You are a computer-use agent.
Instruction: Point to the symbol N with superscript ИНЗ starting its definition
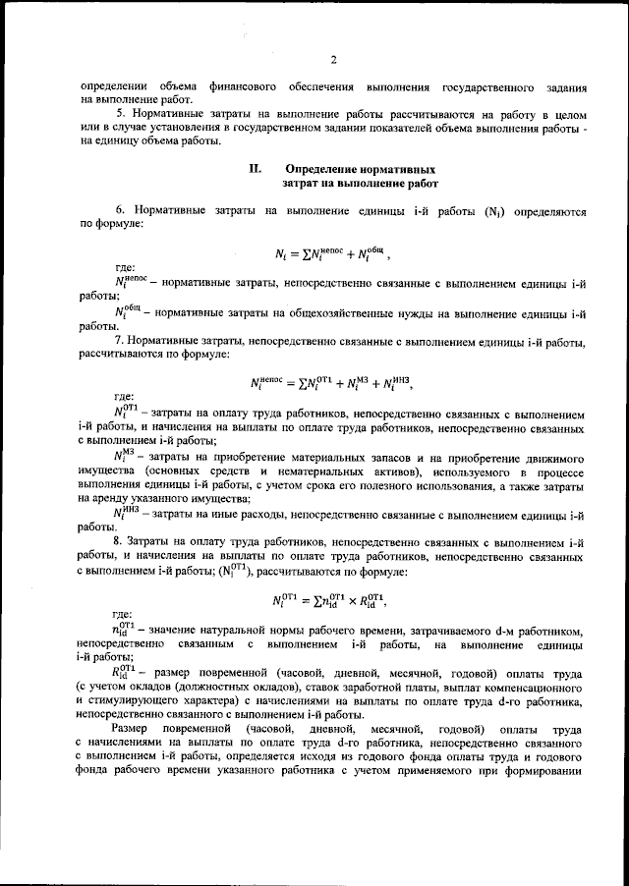(126, 512)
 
